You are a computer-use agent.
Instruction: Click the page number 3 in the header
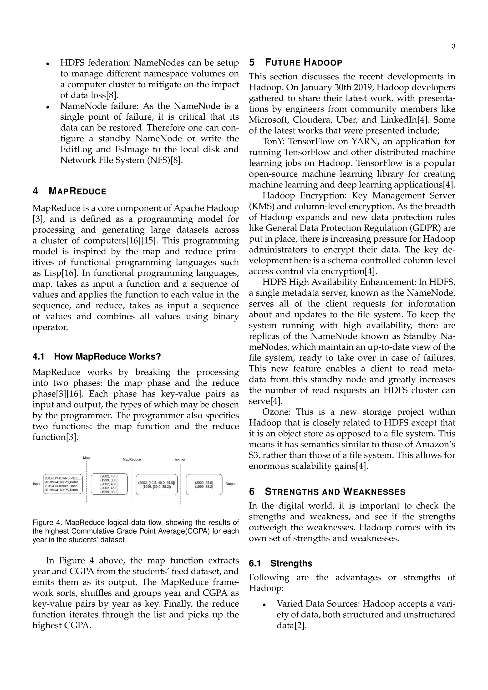pos(453,46)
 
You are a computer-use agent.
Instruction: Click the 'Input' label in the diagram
pos(37,484)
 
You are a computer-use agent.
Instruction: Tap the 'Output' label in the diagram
pos(230,484)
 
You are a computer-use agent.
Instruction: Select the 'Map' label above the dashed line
pos(86,458)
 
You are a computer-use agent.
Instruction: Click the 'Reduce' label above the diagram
pos(179,460)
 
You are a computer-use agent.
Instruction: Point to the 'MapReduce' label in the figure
pos(132,460)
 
